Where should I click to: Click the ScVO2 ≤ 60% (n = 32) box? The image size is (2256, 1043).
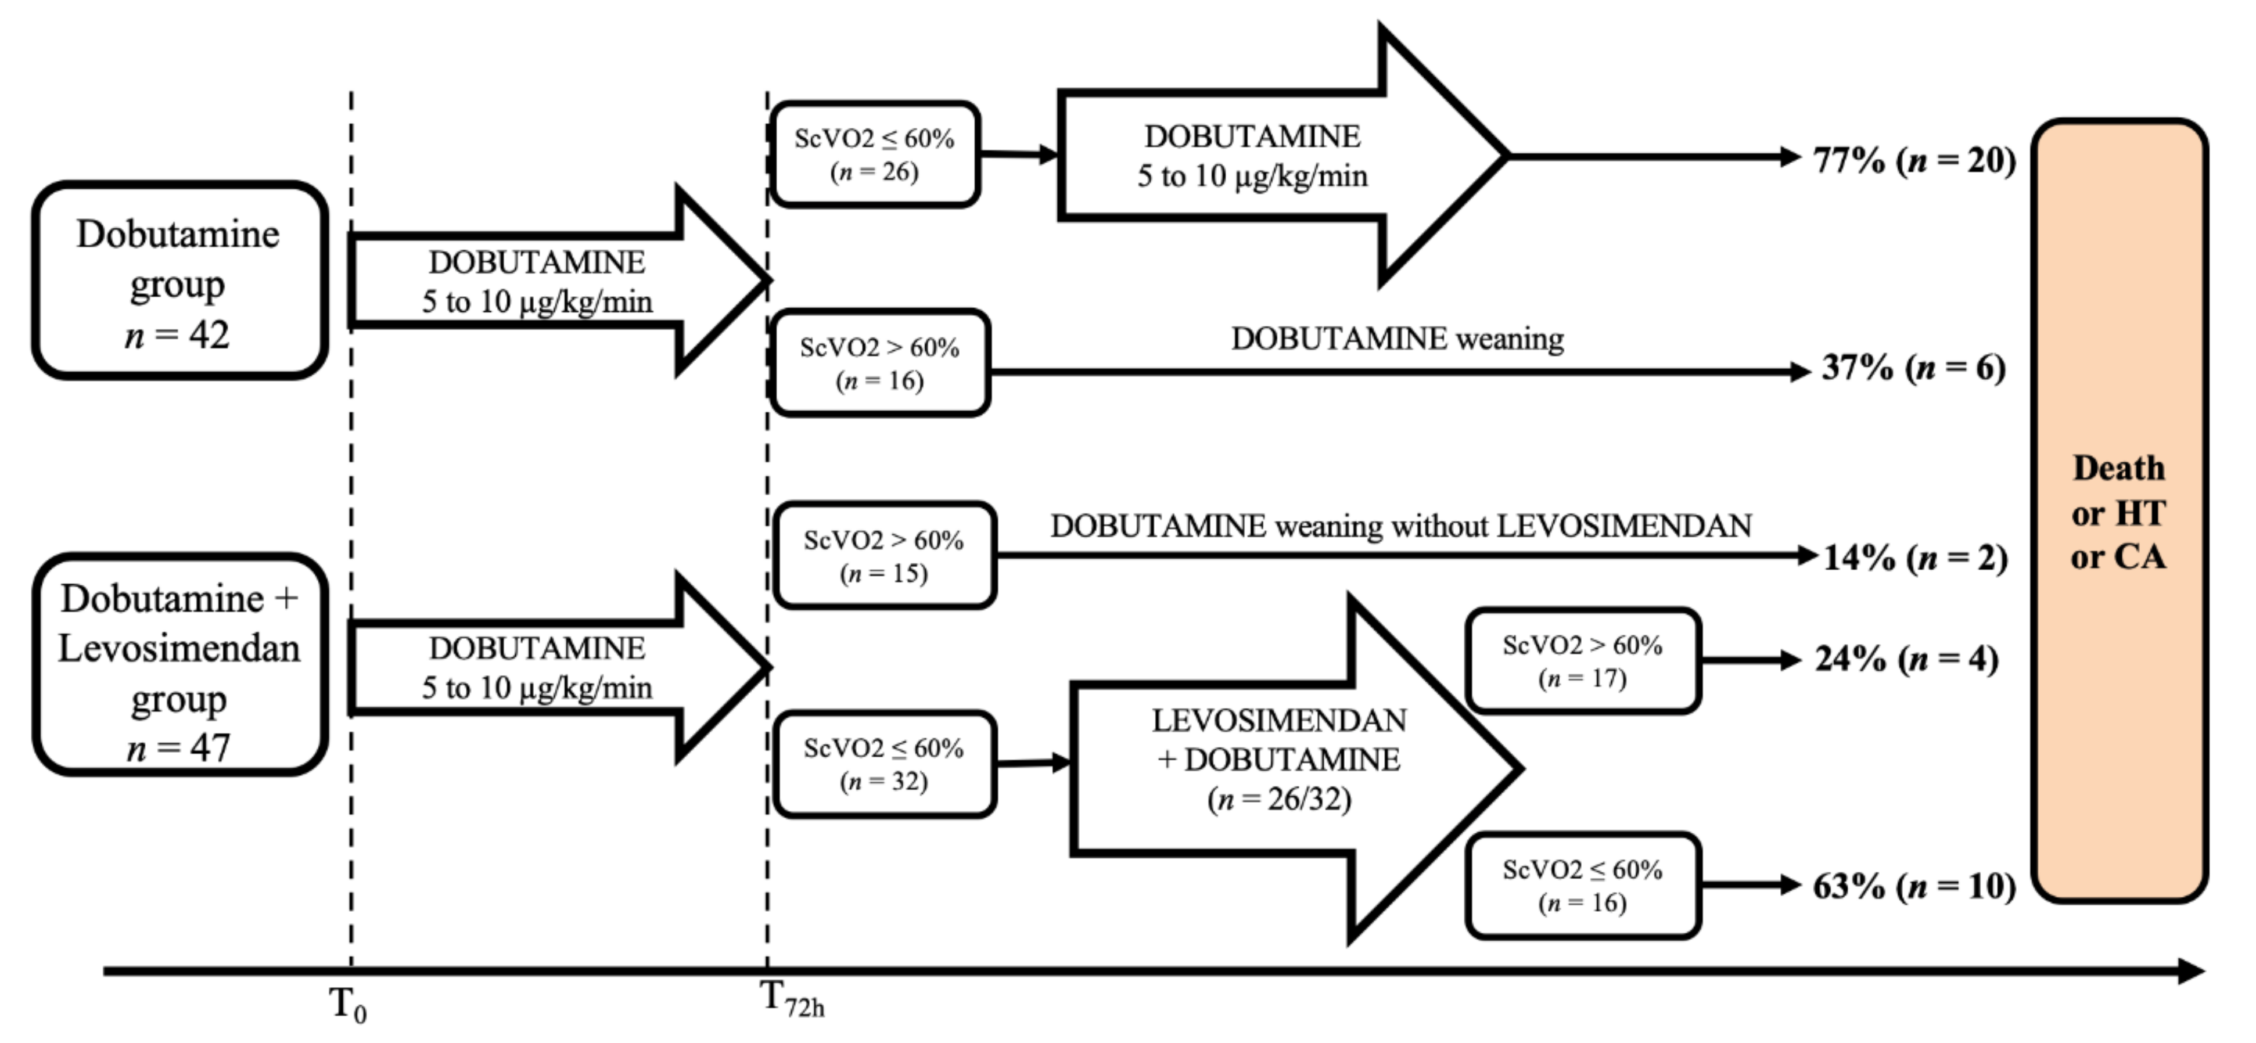coord(883,764)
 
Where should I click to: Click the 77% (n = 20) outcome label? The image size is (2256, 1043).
coord(1913,160)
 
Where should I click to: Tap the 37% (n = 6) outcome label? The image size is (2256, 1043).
coord(1913,368)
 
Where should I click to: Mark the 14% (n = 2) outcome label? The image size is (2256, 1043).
coord(1915,558)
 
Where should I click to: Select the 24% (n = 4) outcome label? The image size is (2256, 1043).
coord(1906,660)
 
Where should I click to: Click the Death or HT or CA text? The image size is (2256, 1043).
coord(2118,512)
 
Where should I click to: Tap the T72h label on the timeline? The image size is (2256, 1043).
coord(791,999)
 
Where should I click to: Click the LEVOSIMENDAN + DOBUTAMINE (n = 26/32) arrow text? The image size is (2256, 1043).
coord(1278,759)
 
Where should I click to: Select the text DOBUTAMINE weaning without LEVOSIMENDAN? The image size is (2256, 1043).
coord(1400,526)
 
